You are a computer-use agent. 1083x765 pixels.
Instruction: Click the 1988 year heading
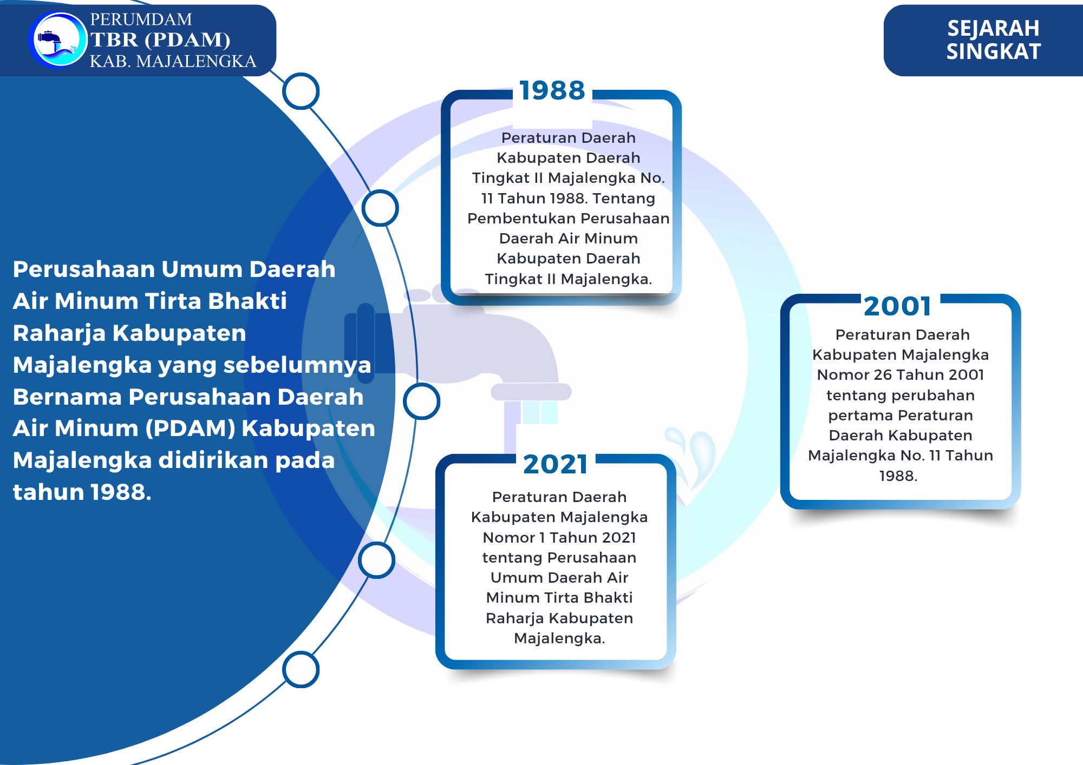tap(552, 90)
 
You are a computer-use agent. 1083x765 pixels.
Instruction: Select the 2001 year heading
tap(898, 306)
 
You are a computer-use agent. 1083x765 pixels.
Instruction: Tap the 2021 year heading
tap(556, 464)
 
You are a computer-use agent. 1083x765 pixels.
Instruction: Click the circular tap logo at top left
tap(58, 40)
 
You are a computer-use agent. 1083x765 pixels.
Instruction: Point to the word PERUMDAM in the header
tap(141, 19)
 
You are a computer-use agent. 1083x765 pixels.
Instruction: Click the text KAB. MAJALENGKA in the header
tap(173, 61)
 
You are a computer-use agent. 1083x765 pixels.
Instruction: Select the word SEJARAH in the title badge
tap(993, 29)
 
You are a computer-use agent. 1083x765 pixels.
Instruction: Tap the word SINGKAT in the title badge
tap(993, 51)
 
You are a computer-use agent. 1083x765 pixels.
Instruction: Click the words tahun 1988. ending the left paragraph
tap(82, 492)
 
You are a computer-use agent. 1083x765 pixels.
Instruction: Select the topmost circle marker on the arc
tap(301, 91)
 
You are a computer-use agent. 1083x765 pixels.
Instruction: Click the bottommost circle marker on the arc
tap(301, 670)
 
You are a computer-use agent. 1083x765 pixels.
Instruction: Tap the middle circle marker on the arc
tap(421, 401)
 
